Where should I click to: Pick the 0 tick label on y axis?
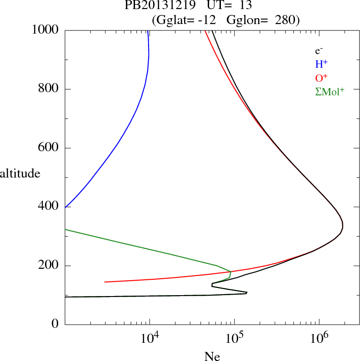[x=55, y=324]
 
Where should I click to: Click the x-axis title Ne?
[x=212, y=356]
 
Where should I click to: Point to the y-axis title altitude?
[x=20, y=173]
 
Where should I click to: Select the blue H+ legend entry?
[x=321, y=64]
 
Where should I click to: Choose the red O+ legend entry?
[x=321, y=78]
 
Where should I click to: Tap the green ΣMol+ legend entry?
[x=330, y=91]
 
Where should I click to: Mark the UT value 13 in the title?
[x=245, y=6]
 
